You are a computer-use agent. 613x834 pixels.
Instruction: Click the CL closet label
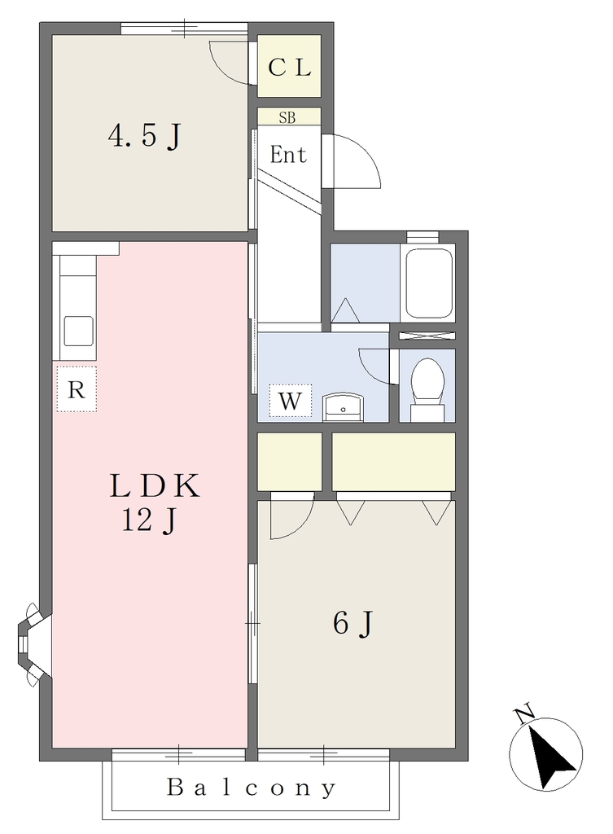289,68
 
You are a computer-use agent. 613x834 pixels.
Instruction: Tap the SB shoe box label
287,117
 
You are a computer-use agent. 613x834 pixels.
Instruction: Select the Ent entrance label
288,155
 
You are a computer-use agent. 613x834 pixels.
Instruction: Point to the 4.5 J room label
145,136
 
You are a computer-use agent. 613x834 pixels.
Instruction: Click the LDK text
154,486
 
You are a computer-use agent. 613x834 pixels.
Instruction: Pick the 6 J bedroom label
353,623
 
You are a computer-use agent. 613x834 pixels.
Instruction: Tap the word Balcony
252,788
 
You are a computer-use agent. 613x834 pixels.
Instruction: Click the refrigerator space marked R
77,388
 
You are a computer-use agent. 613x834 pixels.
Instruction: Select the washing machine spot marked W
291,401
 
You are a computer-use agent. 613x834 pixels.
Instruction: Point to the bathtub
429,283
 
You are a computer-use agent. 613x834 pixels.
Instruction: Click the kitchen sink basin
79,331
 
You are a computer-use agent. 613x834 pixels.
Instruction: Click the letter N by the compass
524,714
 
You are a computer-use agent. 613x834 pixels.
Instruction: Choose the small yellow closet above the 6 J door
290,462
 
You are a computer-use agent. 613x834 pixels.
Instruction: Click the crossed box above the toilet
427,335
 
